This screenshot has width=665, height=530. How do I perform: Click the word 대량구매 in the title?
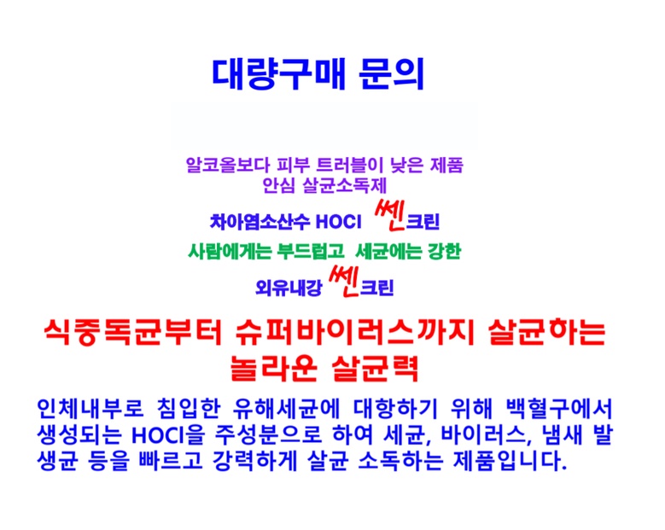pos(279,74)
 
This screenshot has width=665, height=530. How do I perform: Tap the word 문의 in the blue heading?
pos(392,74)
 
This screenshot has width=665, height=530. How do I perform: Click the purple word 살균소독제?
pos(344,185)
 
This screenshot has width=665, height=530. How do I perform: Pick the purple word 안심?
pos(278,185)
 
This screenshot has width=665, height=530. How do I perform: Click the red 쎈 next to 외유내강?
pos(344,282)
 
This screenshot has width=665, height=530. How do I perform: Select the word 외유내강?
pos(289,288)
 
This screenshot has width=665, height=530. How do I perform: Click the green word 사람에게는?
pos(230,252)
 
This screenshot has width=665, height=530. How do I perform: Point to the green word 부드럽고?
pos(311,252)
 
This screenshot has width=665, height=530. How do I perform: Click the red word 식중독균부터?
pos(133,332)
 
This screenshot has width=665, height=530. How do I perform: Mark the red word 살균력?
pos(376,368)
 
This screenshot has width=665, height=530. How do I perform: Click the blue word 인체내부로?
pos(90,408)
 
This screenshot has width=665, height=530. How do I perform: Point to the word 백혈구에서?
pos(559,408)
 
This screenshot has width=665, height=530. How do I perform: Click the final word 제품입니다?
pos(510,461)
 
